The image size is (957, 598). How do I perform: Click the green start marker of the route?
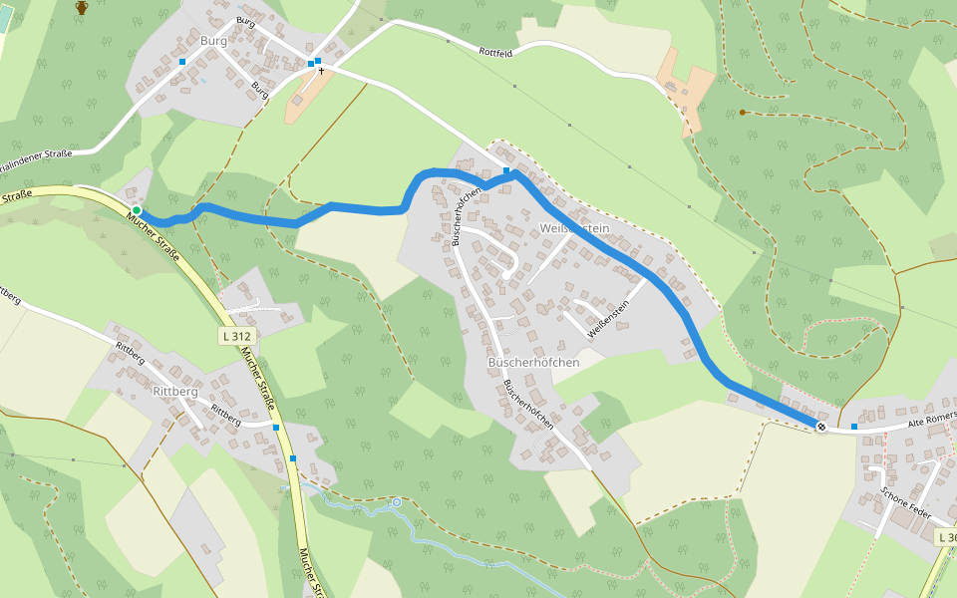pos(136,210)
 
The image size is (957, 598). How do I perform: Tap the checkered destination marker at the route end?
pos(821,427)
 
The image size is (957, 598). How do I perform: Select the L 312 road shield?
pos(237,336)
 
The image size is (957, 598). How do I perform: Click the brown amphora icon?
pos(82,8)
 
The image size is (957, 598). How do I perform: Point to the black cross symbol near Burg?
pos(322,72)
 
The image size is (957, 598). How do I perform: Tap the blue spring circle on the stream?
pos(396,502)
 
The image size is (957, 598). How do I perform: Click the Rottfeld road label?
pos(495,52)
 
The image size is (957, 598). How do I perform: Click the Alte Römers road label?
pos(931,420)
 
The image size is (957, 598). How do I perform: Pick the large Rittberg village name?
pos(175,392)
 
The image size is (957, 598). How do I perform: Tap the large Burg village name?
pos(213,41)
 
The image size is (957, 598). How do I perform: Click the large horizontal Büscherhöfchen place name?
pos(534,363)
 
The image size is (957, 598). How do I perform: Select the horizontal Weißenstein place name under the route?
pos(573,228)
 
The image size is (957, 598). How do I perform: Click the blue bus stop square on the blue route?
pos(506,171)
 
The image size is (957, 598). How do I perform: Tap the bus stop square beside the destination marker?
pos(854,427)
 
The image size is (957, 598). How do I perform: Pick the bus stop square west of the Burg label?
pos(182,62)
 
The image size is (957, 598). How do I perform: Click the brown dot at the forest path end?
pos(743,112)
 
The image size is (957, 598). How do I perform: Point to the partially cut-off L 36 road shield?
pos(946,537)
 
